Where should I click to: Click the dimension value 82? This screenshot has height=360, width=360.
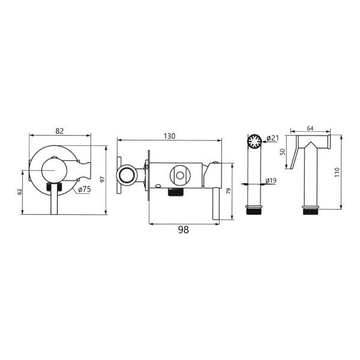pos(59,131)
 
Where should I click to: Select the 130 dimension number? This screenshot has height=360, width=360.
pos(169,136)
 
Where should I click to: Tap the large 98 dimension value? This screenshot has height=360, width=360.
pos(184,230)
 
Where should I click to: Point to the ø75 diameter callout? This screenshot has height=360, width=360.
pos(85,190)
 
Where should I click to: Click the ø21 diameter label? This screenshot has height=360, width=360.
pos(272,138)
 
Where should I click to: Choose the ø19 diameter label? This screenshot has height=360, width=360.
pos(271,181)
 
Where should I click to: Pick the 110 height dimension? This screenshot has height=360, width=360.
pos(337,172)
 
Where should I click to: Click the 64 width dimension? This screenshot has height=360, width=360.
pos(310,128)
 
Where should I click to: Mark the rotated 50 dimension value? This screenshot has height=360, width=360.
pos(283,152)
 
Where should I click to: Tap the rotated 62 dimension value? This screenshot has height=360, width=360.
pos(19,192)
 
